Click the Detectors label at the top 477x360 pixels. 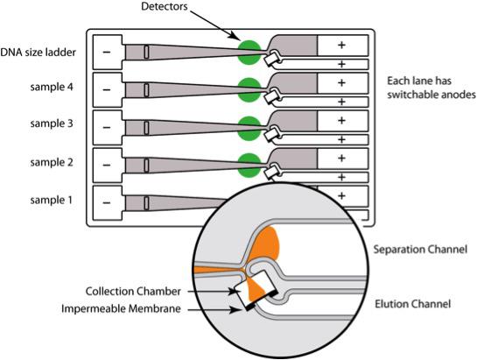[x=165, y=6]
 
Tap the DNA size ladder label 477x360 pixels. [x=38, y=53]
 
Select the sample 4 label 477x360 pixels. [x=52, y=87]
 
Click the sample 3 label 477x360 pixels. [x=52, y=124]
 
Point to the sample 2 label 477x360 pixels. [x=52, y=162]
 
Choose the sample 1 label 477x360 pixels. [x=52, y=200]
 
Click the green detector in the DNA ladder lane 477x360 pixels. [x=249, y=53]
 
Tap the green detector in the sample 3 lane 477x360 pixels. [x=249, y=128]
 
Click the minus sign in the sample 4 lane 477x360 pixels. [x=107, y=90]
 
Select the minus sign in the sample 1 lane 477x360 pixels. [x=107, y=202]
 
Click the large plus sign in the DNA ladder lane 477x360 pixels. [x=341, y=45]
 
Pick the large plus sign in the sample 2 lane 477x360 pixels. [x=341, y=158]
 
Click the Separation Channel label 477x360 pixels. [x=420, y=250]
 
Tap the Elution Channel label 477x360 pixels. [x=412, y=304]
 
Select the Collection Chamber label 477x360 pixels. [x=133, y=292]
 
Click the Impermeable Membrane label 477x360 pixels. [x=121, y=309]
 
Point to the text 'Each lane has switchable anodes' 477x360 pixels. [x=431, y=88]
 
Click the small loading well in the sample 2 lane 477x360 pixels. [x=146, y=166]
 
